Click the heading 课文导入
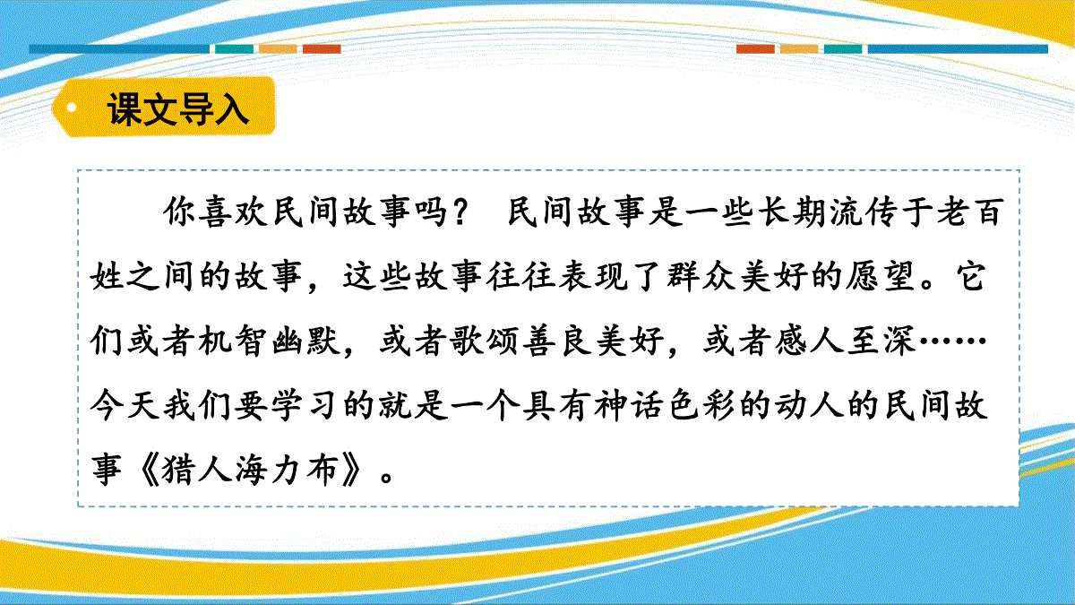pos(177,108)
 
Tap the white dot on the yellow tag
pos(71,107)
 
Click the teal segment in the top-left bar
pos(234,49)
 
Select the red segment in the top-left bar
pos(322,49)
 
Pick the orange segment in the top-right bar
pos(799,49)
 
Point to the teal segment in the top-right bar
pos(843,49)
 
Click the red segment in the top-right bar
pos(755,49)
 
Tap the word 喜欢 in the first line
pos(234,212)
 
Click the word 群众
pos(701,276)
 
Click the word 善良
pos(556,341)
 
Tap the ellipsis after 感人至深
pos(952,341)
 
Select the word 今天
pos(125,405)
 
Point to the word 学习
pos(305,405)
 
